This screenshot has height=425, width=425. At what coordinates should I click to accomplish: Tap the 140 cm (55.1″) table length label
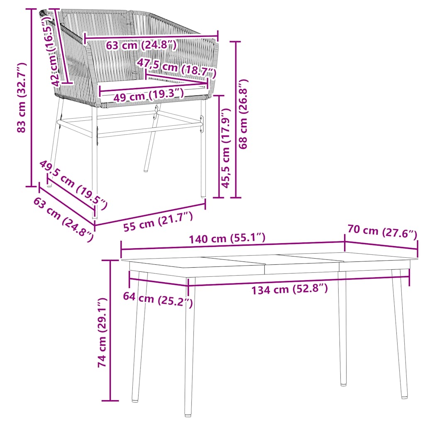pyautogui.click(x=227, y=239)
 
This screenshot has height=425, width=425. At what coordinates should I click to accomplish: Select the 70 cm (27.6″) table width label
pyautogui.click(x=382, y=231)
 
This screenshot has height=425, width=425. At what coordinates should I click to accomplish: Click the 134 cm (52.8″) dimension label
pyautogui.click(x=289, y=290)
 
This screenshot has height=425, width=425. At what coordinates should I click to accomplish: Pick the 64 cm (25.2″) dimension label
pyautogui.click(x=158, y=299)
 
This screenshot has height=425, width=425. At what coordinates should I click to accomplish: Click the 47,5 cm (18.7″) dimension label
pyautogui.click(x=177, y=68)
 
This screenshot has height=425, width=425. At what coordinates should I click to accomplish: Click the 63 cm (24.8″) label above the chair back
pyautogui.click(x=141, y=45)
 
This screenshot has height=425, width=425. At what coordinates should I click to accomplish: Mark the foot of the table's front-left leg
pyautogui.click(x=188, y=413)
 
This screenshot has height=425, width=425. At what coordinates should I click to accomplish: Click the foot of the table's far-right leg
pyautogui.click(x=404, y=397)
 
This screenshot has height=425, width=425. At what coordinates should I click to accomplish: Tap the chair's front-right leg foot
pyautogui.click(x=203, y=195)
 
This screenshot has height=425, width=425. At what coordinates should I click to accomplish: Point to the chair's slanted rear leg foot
pyautogui.click(x=146, y=169)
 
